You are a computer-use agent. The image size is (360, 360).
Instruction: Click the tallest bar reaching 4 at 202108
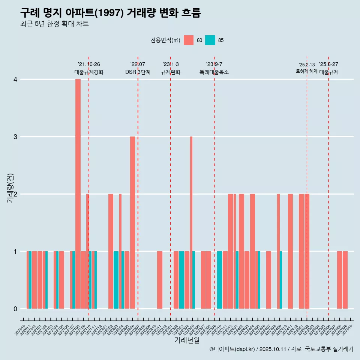78,194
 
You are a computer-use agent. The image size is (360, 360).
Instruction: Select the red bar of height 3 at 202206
133,222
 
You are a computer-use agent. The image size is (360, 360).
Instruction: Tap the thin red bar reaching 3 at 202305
191,222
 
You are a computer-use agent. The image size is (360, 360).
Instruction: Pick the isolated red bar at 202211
160,280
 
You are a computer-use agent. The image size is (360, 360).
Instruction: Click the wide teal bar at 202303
181,280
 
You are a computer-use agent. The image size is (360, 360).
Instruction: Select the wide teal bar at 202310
220,280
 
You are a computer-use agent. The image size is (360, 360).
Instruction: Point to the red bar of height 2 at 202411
291,251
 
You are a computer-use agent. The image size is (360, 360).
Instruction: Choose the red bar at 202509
345,280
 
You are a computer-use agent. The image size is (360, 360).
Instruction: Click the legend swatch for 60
189,40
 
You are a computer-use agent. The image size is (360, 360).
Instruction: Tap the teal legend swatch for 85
210,40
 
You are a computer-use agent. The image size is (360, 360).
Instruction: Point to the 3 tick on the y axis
15,137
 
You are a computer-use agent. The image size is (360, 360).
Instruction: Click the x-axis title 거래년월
187,340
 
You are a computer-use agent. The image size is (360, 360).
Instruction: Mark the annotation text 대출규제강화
89,72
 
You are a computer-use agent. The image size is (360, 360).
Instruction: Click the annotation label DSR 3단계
138,72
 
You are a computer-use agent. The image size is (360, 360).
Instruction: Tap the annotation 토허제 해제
307,71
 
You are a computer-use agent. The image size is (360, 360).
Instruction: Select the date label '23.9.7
214,64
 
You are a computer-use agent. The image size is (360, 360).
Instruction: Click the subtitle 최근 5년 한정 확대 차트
55,24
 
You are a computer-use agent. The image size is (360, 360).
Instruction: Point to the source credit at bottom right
282,349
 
